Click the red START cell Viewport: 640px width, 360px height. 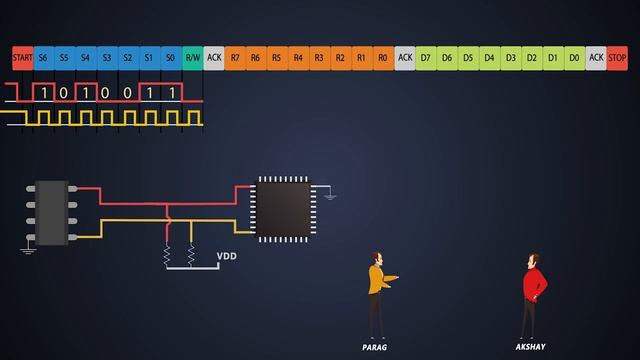pyautogui.click(x=23, y=58)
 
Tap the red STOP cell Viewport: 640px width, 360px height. pyautogui.click(x=618, y=58)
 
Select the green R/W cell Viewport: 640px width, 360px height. pyautogui.click(x=193, y=58)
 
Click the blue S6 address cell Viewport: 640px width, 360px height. pyautogui.click(x=44, y=58)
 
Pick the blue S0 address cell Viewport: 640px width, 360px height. pyautogui.click(x=171, y=58)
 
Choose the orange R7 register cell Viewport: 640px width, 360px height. pyautogui.click(x=235, y=58)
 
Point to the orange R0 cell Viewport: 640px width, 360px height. pyautogui.click(x=383, y=58)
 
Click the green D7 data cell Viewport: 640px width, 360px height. pyautogui.click(x=426, y=58)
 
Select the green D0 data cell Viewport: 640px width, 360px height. pyautogui.click(x=574, y=58)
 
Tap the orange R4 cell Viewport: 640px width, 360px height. pyautogui.click(x=298, y=58)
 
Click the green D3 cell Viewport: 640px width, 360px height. pyautogui.click(x=510, y=58)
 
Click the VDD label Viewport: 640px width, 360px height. pyautogui.click(x=228, y=257)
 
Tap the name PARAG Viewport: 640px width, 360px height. pyautogui.click(x=374, y=346)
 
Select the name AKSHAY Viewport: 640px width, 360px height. pyautogui.click(x=530, y=346)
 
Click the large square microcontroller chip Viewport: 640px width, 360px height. pyautogui.click(x=284, y=207)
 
